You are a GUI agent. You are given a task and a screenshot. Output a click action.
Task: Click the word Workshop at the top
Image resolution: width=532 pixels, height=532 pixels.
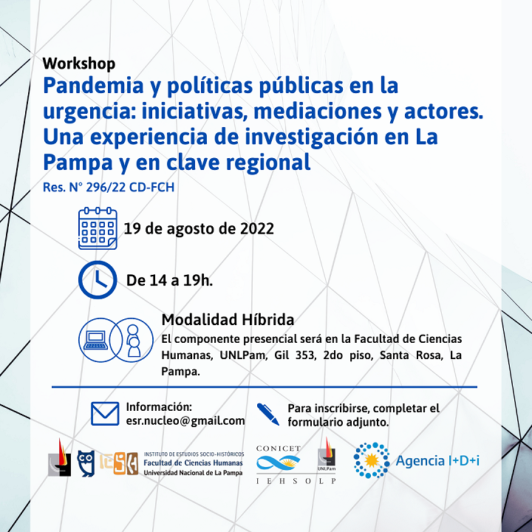[x=79, y=64]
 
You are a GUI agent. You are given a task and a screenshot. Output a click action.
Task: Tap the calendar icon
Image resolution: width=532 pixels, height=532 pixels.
[x=98, y=228]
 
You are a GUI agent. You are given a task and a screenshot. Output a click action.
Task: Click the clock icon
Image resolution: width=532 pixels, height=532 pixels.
[x=98, y=280]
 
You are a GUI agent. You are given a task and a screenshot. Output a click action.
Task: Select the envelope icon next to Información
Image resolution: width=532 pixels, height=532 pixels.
[x=105, y=414]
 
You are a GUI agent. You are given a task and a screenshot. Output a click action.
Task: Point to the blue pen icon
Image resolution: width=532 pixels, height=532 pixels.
[x=268, y=414]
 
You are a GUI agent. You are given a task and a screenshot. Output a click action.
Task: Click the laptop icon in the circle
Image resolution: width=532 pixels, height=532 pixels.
[x=96, y=341]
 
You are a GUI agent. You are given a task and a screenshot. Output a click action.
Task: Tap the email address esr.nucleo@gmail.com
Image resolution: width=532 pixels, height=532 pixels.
[x=185, y=420]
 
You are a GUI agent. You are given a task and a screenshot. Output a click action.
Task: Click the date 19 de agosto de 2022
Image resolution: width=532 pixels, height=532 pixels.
[x=199, y=228]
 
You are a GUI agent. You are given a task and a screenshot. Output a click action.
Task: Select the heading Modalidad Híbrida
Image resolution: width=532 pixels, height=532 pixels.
[x=228, y=320]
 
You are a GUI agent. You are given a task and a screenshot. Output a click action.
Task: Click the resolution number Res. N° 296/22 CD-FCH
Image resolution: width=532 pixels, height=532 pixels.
[x=109, y=187]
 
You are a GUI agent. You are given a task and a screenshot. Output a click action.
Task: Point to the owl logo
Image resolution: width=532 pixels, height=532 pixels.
[x=86, y=463]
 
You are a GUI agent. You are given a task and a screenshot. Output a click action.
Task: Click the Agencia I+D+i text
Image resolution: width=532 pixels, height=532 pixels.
[x=437, y=461]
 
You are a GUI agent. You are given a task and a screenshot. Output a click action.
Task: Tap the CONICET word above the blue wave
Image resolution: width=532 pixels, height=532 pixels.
[x=279, y=449]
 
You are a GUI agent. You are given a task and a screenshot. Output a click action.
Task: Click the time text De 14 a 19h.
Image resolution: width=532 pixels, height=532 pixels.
[x=169, y=281]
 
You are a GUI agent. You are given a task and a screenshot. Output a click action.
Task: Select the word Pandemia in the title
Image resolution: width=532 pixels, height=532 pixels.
[x=94, y=86]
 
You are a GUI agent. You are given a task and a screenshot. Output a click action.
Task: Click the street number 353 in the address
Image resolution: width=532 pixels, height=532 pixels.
[x=304, y=355]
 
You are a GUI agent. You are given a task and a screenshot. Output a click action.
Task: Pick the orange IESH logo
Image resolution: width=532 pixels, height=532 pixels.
[x=119, y=463]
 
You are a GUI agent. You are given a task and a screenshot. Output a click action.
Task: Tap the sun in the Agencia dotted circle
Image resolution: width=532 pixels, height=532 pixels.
[x=372, y=460]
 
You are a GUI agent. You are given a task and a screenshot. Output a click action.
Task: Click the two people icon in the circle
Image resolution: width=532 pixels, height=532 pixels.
[x=133, y=341]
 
